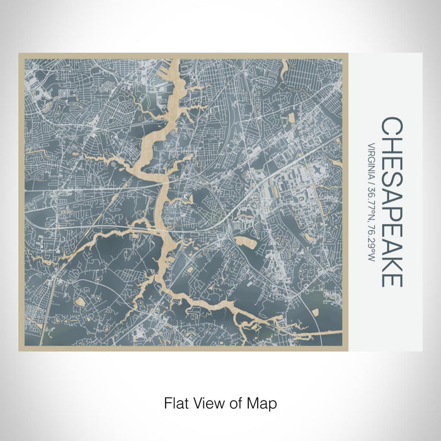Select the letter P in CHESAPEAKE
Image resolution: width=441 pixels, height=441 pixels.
click(391, 209)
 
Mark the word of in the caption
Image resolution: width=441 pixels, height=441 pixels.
click(235, 402)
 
